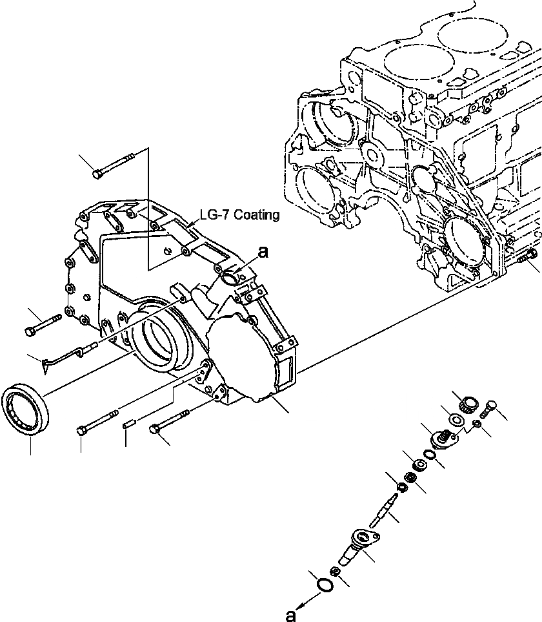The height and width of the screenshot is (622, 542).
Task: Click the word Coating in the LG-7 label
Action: click(257, 215)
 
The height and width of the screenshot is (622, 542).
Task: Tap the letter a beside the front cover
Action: click(263, 253)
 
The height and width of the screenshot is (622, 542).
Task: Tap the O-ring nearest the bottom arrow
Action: click(327, 585)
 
